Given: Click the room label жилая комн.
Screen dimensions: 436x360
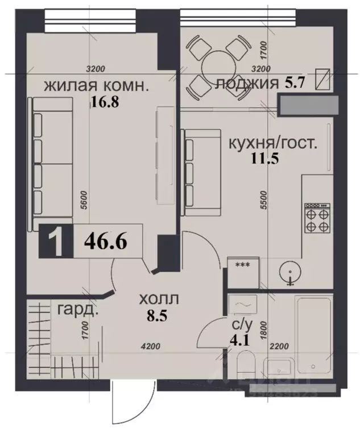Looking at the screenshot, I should [97, 86].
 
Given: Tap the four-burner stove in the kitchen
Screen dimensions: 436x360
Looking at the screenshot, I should [317, 218].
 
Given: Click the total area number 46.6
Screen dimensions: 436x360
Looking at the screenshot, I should [105, 243].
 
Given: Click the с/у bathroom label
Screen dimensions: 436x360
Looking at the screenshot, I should [242, 325].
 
